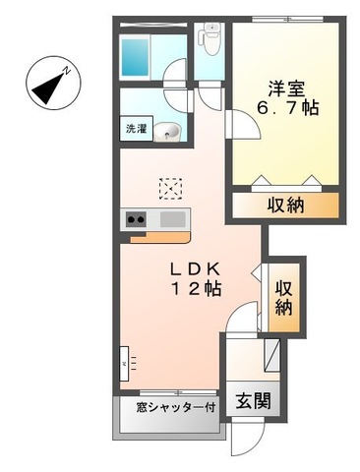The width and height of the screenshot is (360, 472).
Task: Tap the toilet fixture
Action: click(209, 39)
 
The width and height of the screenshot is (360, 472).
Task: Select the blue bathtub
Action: click(137, 56)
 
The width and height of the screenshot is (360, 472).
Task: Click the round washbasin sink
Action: click(168, 130)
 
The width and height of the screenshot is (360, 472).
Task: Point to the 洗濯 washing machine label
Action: click(134, 128)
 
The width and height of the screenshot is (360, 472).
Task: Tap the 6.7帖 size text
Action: click(286, 106)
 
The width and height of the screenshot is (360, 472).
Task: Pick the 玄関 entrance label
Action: click(251, 401)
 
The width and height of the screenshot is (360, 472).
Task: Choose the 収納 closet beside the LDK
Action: click(284, 295)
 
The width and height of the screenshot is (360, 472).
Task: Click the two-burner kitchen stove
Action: click(135, 219)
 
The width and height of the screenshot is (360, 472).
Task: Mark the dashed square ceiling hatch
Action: click(171, 187)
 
